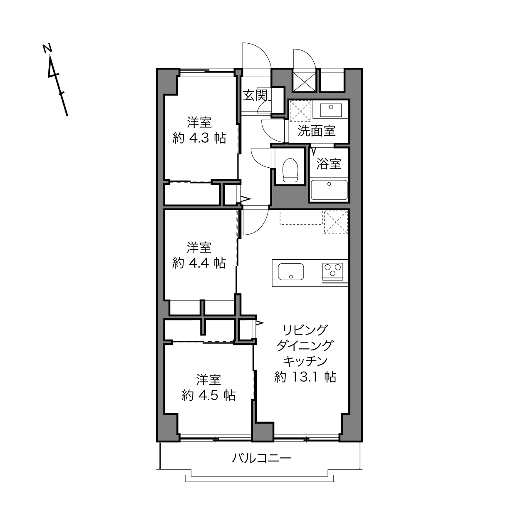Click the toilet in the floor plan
point(290,170)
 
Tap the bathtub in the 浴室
point(329,190)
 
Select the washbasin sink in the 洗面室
point(331,110)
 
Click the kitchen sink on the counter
point(290,271)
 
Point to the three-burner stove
point(332,271)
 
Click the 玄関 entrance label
point(255,95)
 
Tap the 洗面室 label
point(316,131)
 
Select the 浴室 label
point(328,164)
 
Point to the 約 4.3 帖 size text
point(199,138)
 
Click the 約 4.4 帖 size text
point(199,263)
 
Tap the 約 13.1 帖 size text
point(305,377)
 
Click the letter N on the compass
point(47,48)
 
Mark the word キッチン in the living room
point(305,361)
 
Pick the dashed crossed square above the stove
point(336,222)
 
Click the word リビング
point(305,330)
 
